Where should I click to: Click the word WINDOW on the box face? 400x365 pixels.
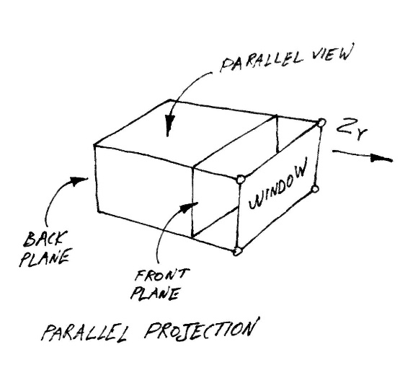click(x=278, y=183)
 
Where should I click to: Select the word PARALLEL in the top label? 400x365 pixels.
click(x=262, y=62)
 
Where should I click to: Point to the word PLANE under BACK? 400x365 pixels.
click(x=45, y=258)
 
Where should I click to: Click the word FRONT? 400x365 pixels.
click(x=162, y=276)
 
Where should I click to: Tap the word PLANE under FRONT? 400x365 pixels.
click(x=154, y=294)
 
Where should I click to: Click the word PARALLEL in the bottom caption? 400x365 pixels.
click(x=84, y=333)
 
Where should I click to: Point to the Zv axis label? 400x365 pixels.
click(x=352, y=129)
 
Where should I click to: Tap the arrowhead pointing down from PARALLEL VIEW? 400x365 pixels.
click(x=169, y=125)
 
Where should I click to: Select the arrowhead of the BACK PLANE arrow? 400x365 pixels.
click(x=78, y=181)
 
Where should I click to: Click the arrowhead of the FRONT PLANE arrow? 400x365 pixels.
click(x=189, y=207)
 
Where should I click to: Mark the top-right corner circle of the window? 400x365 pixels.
click(x=321, y=123)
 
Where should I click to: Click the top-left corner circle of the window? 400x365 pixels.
click(x=241, y=180)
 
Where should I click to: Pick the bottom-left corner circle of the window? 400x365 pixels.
click(x=237, y=252)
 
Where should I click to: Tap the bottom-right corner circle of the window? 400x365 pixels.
click(x=315, y=190)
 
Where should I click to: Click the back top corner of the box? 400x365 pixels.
click(x=170, y=100)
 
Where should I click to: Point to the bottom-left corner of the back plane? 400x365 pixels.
click(x=99, y=212)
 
